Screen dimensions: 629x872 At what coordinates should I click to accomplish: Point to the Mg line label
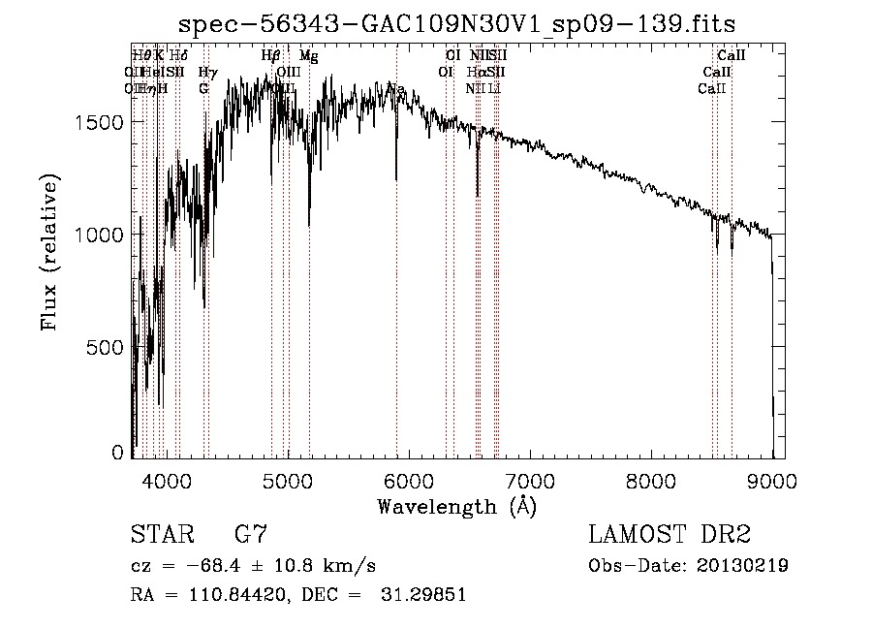click(308, 56)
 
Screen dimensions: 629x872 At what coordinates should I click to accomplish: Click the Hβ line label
click(271, 56)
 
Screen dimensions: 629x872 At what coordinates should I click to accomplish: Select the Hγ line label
click(207, 73)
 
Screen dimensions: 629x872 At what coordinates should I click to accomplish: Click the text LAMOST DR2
click(670, 535)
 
